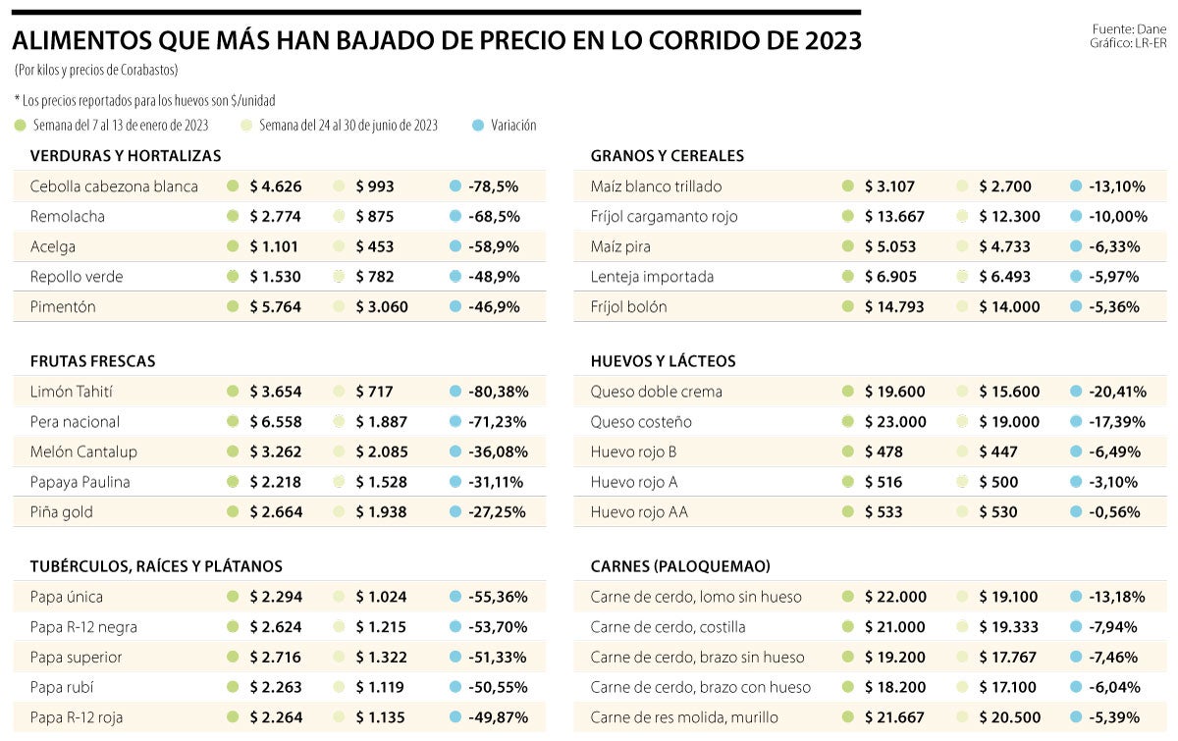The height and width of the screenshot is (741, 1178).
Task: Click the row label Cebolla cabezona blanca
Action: pos(114,186)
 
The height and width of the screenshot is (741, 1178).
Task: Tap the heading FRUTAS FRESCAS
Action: pos(92,361)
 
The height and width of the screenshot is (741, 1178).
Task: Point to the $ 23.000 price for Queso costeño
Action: pos(894,422)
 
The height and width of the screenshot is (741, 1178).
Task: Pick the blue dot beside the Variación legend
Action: pos(478,126)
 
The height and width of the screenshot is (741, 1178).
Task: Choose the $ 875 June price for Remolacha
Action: pos(376,217)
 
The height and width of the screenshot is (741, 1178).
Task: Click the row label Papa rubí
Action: pos(62,687)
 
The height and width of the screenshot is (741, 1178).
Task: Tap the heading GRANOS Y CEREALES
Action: pos(668,156)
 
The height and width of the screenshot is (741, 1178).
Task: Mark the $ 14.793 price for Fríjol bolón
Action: pos(894,307)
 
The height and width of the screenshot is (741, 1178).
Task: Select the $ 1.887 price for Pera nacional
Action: pos(381,422)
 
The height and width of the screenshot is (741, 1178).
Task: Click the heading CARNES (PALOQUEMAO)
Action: pos(680,566)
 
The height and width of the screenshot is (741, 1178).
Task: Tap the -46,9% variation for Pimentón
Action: pos(494,307)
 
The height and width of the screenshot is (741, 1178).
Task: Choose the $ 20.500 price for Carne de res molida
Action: pos(1010,717)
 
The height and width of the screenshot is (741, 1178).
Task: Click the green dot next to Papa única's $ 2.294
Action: pos(233,597)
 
